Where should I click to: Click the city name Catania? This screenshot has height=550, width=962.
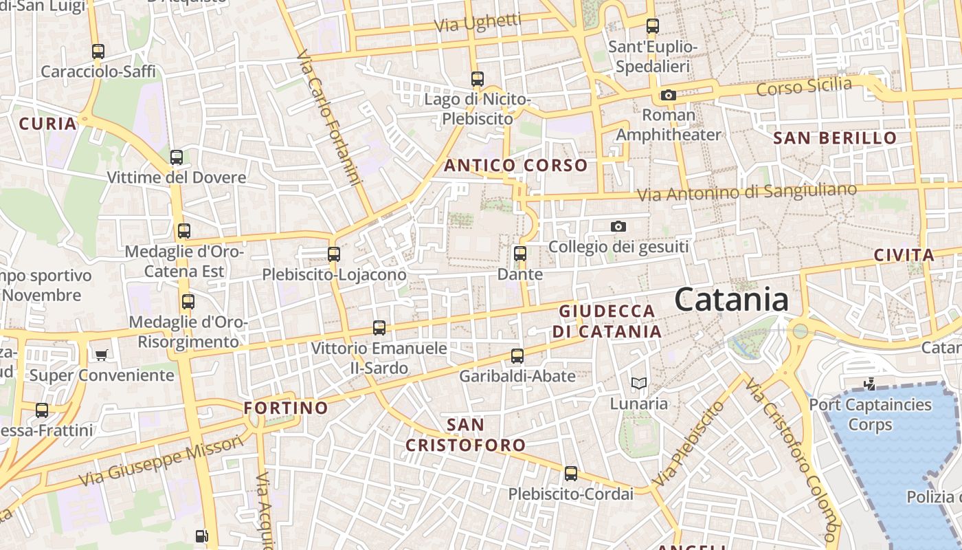(731, 300)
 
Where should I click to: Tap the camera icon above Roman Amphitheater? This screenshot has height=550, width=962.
(668, 96)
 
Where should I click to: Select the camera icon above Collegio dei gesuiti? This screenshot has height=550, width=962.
(618, 226)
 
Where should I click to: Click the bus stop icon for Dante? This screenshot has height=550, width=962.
(520, 254)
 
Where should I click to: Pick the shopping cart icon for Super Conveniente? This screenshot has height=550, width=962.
(102, 355)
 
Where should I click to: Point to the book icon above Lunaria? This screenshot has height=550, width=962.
(639, 384)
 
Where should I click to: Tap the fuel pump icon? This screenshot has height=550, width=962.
(201, 536)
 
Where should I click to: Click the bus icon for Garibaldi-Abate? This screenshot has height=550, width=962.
(517, 356)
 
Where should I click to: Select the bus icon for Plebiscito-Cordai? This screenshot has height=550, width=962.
(571, 474)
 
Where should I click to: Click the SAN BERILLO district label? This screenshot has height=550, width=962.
(835, 137)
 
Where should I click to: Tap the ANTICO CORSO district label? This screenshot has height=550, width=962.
(515, 165)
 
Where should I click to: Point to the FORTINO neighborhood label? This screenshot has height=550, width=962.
(286, 408)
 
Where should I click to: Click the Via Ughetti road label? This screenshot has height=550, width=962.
(478, 23)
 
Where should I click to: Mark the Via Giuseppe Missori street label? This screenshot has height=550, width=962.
(161, 461)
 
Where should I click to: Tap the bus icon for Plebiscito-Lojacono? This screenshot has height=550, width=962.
(334, 254)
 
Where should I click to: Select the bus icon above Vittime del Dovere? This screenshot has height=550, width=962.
(177, 157)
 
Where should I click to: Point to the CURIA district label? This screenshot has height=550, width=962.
(47, 124)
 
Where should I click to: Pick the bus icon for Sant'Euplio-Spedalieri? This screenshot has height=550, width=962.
(653, 27)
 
